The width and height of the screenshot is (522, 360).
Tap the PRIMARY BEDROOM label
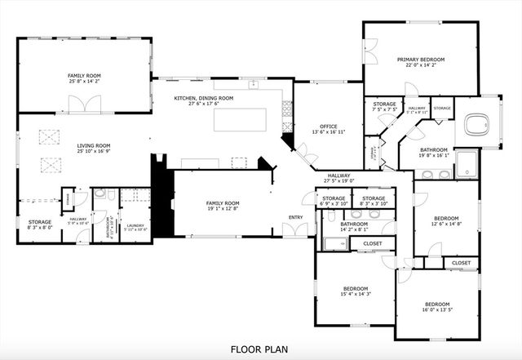coord(420,60)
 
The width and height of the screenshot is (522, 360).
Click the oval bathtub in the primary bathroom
coord(473,125)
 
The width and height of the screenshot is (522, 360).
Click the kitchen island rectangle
coord(246,119)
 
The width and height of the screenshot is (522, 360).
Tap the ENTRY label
coord(295,216)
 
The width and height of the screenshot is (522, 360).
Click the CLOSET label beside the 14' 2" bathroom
coord(373,243)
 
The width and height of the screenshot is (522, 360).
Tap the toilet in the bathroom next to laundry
coord(99,195)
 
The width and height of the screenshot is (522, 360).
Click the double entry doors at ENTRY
coord(295,230)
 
